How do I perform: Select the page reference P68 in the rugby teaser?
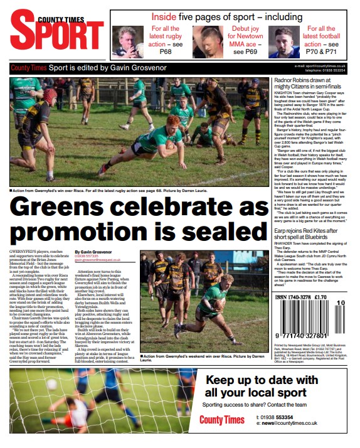[x=165, y=52]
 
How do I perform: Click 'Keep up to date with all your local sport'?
[x=262, y=387]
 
